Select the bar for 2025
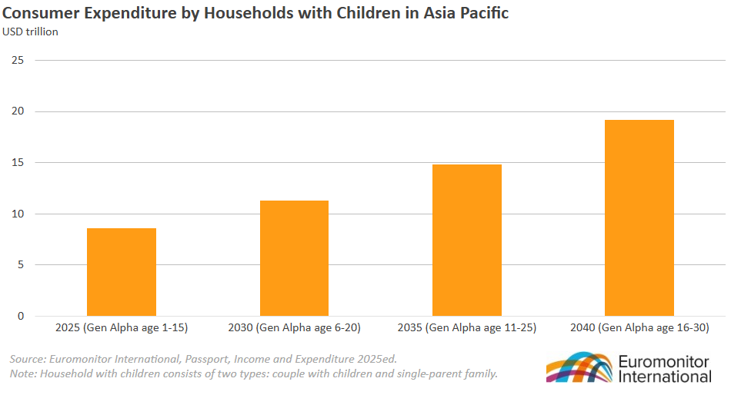pyautogui.click(x=122, y=272)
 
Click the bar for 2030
pyautogui.click(x=294, y=258)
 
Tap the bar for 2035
pyautogui.click(x=466, y=240)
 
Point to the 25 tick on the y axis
pyautogui.click(x=18, y=60)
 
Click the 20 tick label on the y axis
pyautogui.click(x=18, y=111)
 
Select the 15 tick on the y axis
pyautogui.click(x=18, y=162)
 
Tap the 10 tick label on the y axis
pyautogui.click(x=18, y=214)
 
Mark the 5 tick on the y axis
pyautogui.click(x=20, y=265)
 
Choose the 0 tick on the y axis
pyautogui.click(x=20, y=316)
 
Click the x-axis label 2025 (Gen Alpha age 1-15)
pyautogui.click(x=122, y=328)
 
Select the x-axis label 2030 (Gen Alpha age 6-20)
pyautogui.click(x=294, y=328)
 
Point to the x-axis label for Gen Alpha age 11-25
pyautogui.click(x=466, y=328)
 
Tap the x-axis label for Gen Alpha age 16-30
pyautogui.click(x=639, y=328)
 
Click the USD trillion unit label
pyautogui.click(x=31, y=32)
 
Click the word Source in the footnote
pyautogui.click(x=27, y=359)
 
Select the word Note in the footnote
pyautogui.click(x=23, y=373)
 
